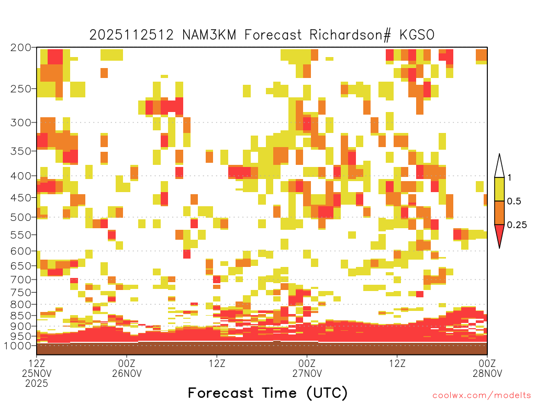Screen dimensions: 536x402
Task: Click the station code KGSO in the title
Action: coord(417,35)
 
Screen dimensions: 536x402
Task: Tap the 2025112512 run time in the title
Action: coord(131,35)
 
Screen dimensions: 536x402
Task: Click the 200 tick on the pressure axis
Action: coord(21,48)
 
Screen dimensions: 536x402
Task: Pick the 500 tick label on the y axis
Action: coord(21,217)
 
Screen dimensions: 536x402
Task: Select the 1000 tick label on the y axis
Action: coord(18,345)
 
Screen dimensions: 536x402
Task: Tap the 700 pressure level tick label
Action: coord(21,280)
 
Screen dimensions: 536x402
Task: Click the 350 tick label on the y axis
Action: coord(21,151)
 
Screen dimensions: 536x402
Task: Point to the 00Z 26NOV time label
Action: coord(127,368)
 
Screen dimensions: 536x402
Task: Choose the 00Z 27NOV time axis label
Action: coord(307,368)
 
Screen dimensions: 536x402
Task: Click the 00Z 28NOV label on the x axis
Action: coord(487,368)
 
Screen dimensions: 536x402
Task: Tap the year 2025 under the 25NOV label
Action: coord(37,383)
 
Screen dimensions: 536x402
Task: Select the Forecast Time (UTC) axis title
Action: coord(267,393)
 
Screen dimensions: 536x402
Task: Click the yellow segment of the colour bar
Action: coord(499,189)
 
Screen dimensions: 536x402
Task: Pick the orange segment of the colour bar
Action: coord(499,213)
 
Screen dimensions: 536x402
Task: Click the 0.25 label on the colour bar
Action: coord(517,225)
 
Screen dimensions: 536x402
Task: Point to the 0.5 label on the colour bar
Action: coord(514,202)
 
